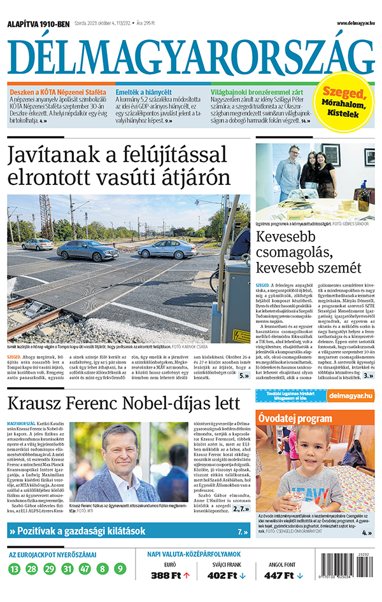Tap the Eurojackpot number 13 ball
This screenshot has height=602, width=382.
15,569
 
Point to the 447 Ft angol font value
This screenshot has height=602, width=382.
278,576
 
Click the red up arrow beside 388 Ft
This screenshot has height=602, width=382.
187,576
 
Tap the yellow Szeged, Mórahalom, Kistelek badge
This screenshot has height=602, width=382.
346,102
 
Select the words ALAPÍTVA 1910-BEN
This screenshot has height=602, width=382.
38,24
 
